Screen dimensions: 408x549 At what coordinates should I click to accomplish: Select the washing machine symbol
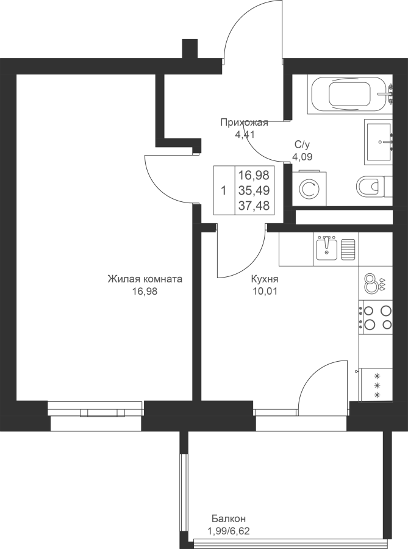click(x=309, y=188)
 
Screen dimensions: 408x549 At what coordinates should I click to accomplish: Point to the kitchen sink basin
click(x=326, y=248)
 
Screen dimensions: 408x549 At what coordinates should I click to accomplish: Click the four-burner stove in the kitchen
click(x=376, y=317)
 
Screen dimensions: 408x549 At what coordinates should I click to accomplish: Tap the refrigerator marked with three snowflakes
click(x=376, y=385)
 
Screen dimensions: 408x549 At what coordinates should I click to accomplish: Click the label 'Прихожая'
click(x=244, y=123)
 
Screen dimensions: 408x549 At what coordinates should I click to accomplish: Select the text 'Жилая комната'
click(x=145, y=279)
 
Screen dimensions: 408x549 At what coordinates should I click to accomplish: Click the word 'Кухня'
click(x=265, y=279)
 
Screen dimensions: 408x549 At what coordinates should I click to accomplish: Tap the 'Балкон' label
click(x=229, y=518)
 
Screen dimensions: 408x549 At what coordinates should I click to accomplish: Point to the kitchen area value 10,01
click(x=265, y=291)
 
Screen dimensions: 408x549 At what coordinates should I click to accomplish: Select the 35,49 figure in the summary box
click(x=254, y=190)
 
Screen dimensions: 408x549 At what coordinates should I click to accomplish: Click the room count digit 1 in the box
click(x=224, y=191)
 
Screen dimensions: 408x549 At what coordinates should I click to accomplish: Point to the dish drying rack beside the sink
click(x=348, y=249)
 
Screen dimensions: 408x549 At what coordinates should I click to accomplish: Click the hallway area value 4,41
click(x=244, y=134)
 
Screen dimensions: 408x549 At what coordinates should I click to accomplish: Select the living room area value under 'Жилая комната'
click(x=145, y=291)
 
